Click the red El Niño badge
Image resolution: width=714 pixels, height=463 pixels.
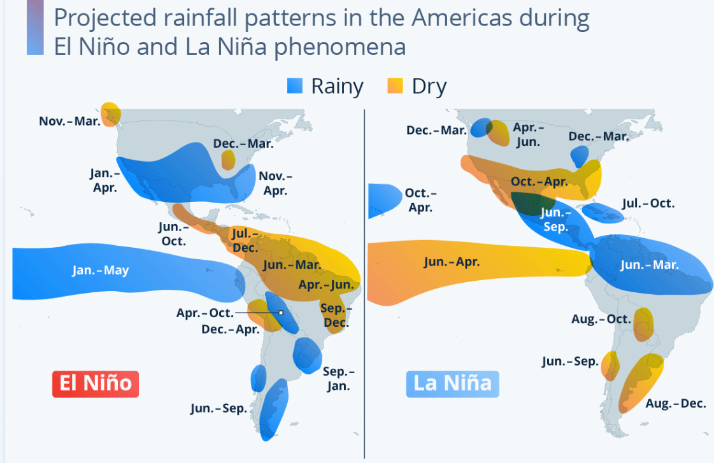tap(96, 384)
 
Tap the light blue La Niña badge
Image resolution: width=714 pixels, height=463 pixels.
tap(452, 384)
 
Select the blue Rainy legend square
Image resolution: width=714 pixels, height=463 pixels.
tap(295, 85)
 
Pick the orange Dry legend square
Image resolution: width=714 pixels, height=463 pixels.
tap(396, 85)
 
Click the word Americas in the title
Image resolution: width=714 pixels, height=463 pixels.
tap(462, 18)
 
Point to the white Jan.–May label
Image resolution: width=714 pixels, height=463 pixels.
tap(101, 271)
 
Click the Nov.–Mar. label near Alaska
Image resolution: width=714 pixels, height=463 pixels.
tap(69, 121)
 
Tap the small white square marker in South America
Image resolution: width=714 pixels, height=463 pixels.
tap(281, 313)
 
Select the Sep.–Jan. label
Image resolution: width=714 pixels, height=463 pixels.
tap(338, 379)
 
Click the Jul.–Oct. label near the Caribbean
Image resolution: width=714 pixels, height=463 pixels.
tap(648, 203)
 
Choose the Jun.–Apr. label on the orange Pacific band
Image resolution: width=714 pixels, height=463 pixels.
tap(452, 262)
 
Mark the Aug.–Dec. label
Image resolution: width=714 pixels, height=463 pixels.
tap(676, 403)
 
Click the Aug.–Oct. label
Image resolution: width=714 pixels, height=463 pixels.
tap(601, 319)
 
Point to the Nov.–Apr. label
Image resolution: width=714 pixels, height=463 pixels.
tap(276, 183)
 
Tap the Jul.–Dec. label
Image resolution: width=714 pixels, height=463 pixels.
tap(245, 240)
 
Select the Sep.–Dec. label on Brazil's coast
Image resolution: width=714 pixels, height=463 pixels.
tap(336, 315)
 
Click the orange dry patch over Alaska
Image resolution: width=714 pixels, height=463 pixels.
tap(111, 114)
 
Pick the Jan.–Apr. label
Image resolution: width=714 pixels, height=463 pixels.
tap(104, 180)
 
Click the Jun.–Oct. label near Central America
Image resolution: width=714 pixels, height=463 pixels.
tap(173, 234)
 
